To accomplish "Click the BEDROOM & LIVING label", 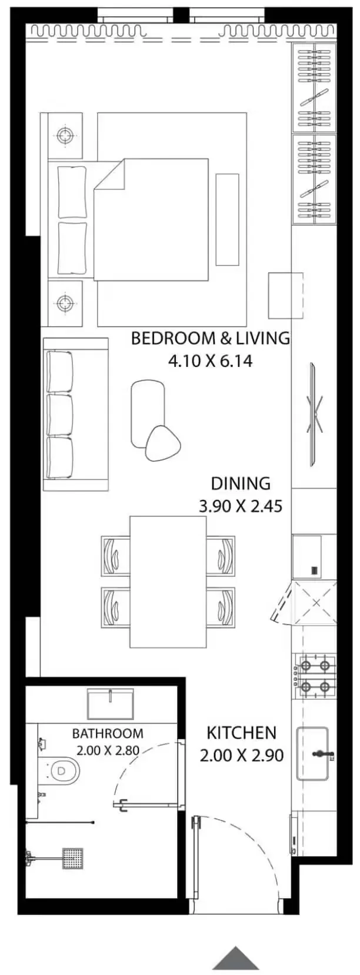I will click(210, 338).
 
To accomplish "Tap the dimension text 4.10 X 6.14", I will click(210, 360).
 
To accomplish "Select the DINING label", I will click(241, 483).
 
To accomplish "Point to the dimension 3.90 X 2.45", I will click(241, 506).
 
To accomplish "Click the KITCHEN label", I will click(241, 733).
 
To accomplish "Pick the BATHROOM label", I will click(108, 733).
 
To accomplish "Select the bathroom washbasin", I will click(110, 704).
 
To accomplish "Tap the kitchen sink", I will click(315, 754).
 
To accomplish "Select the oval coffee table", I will click(148, 408).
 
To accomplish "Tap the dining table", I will click(168, 582).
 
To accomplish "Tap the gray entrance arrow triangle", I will click(235, 959).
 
